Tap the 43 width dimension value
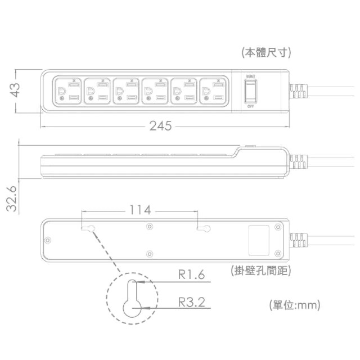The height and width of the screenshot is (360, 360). (15, 90)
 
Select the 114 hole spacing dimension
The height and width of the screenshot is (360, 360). (139, 210)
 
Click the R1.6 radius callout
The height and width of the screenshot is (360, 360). (191, 274)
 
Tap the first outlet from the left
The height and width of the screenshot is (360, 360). (67, 91)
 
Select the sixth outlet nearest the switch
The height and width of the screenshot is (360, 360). (214, 91)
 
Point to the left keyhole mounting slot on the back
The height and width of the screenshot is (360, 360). (88, 229)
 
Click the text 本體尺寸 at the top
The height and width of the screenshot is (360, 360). (266, 52)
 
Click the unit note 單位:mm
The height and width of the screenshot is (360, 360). (295, 305)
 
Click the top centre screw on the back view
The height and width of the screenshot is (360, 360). (149, 227)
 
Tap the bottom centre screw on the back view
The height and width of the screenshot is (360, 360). (149, 254)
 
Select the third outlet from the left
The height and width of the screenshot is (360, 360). (127, 91)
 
